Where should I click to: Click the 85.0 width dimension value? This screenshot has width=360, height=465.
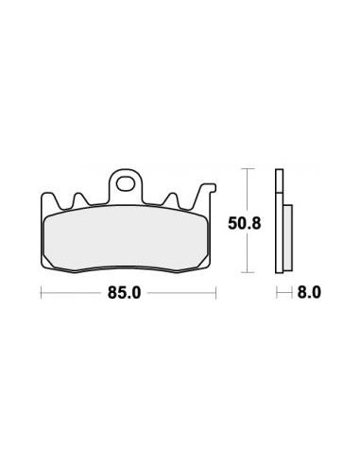(124, 293)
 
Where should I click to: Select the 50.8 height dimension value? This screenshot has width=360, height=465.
(245, 224)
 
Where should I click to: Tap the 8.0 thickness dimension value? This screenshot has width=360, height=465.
(309, 293)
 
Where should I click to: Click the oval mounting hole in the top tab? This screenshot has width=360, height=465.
(125, 184)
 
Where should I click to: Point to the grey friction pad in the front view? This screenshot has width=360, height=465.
(126, 238)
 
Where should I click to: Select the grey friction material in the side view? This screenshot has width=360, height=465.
(288, 237)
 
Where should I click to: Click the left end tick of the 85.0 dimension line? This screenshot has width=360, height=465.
(42, 293)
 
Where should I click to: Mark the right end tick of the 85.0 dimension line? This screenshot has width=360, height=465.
(215, 293)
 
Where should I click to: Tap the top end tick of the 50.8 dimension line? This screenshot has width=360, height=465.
(248, 169)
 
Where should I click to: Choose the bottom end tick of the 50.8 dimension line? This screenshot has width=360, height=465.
(248, 272)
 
